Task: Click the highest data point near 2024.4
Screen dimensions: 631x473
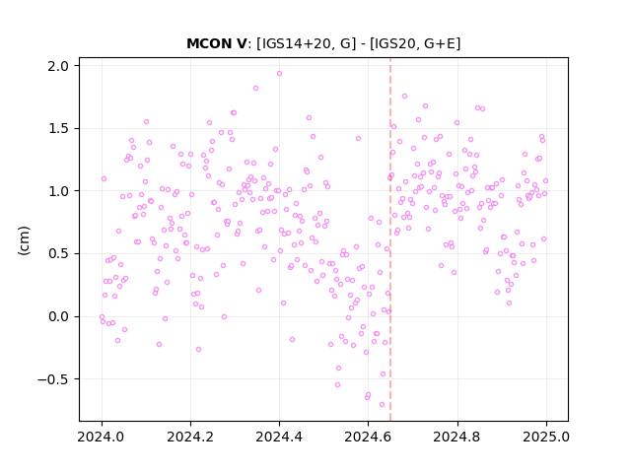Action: point(279,74)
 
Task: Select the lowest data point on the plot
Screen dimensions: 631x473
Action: point(382,405)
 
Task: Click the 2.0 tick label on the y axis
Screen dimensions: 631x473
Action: point(58,66)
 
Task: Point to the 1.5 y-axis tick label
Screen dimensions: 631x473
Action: point(58,129)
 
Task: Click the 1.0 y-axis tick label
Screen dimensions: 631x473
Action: point(58,191)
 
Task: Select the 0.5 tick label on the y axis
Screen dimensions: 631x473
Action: point(58,254)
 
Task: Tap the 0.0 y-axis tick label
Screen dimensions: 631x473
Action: point(58,317)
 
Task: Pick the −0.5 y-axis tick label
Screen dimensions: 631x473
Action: point(53,379)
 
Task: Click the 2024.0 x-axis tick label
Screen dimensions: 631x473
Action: point(102,437)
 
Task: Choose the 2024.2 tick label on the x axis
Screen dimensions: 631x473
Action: point(190,437)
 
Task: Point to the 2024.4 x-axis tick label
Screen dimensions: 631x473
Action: point(279,437)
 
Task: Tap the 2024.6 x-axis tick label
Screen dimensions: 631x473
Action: point(368,437)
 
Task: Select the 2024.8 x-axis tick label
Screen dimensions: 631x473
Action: point(456,437)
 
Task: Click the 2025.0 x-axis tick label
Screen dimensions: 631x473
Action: point(546,437)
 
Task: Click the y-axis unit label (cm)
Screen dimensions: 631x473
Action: point(24,240)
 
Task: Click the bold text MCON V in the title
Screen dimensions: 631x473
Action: point(216,43)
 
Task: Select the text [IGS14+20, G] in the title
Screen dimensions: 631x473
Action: point(307,43)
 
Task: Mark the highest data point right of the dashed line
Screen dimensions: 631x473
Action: point(404,97)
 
